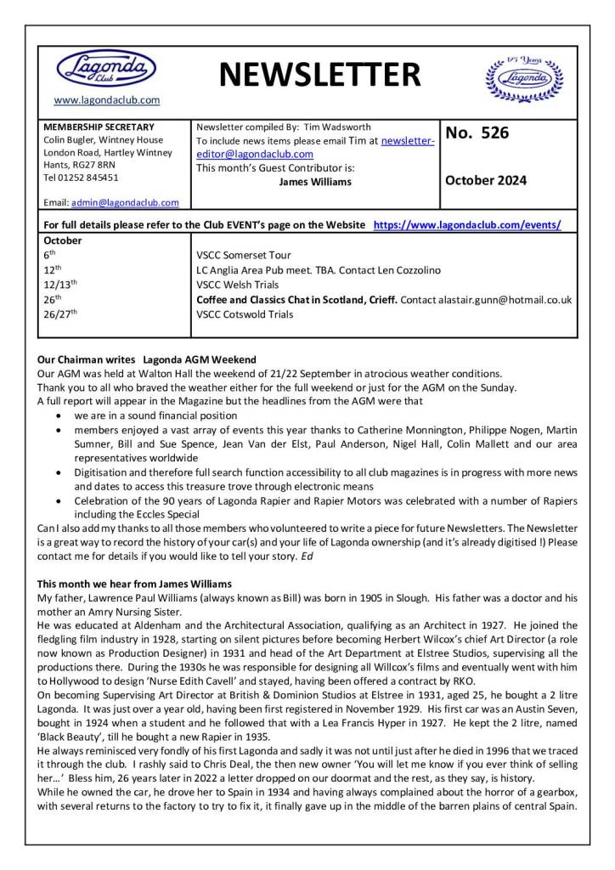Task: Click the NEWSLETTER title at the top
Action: pyautogui.click(x=319, y=76)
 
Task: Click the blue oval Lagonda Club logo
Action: pyautogui.click(x=106, y=67)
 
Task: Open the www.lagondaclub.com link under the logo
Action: pyautogui.click(x=106, y=100)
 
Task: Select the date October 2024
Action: pyautogui.click(x=485, y=180)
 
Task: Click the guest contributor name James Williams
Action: pyautogui.click(x=315, y=181)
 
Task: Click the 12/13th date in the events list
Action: pyautogui.click(x=59, y=284)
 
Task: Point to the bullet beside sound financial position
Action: pyautogui.click(x=57, y=415)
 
